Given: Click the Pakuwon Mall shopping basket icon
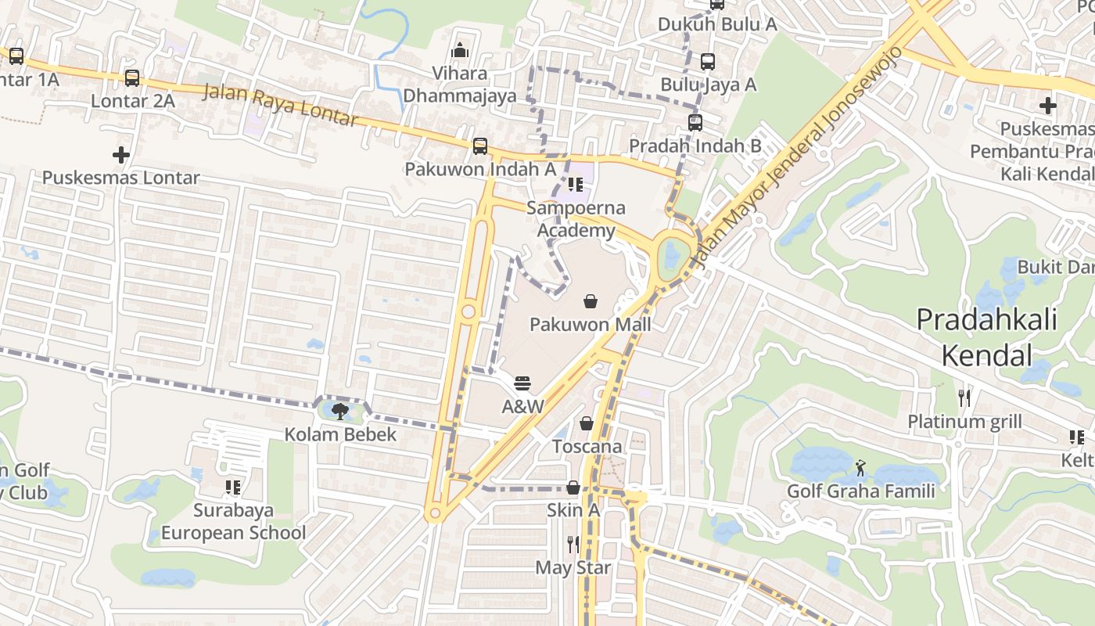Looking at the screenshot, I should (x=591, y=301).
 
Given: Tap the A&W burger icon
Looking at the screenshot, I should (x=522, y=383).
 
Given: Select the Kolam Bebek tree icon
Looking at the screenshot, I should (x=339, y=411).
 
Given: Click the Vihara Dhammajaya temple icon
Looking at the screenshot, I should (x=460, y=50).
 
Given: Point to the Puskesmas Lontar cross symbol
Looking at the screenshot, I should (x=121, y=154).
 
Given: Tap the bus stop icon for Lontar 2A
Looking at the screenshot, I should (x=132, y=78).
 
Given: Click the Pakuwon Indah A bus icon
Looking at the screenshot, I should (x=480, y=146).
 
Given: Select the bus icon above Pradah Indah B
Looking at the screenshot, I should (x=695, y=122).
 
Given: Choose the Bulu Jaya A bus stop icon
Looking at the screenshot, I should (x=708, y=61).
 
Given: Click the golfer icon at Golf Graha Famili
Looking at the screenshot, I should (x=861, y=468).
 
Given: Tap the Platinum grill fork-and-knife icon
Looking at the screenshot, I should (x=964, y=398).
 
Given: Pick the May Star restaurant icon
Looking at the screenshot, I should (x=573, y=544).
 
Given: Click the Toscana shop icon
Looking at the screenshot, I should (x=587, y=423).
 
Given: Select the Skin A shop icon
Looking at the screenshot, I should (x=573, y=487).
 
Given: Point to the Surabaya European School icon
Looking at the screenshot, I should (x=233, y=487).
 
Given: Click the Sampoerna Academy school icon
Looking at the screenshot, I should (x=576, y=185).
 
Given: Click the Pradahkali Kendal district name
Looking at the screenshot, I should (x=986, y=337).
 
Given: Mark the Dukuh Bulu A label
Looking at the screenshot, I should (x=717, y=24).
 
